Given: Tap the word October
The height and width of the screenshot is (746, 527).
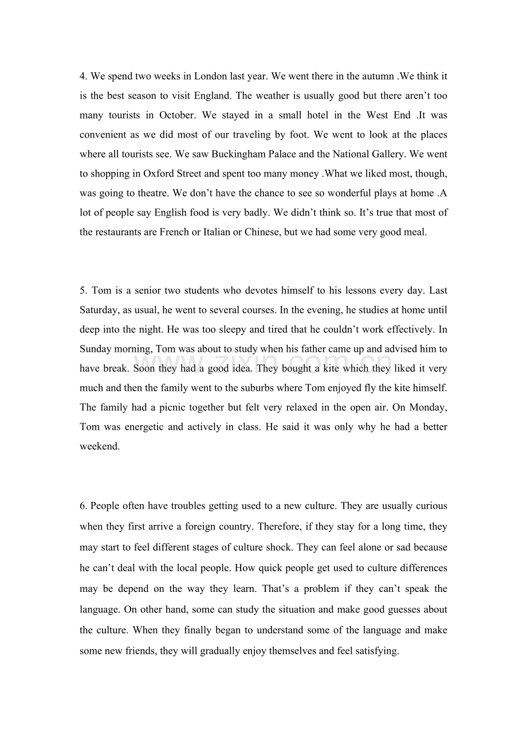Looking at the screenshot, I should [177, 115].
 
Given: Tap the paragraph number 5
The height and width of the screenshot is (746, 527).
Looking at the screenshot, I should [84, 290].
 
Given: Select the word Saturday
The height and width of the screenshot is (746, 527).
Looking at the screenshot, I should [99, 310].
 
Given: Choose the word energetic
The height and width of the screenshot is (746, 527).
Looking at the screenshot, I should [142, 427].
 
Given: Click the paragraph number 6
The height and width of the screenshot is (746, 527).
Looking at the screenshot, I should [84, 506].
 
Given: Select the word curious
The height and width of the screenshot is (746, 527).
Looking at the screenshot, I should [431, 506].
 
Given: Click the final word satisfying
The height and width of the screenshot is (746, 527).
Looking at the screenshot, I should [375, 650].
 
